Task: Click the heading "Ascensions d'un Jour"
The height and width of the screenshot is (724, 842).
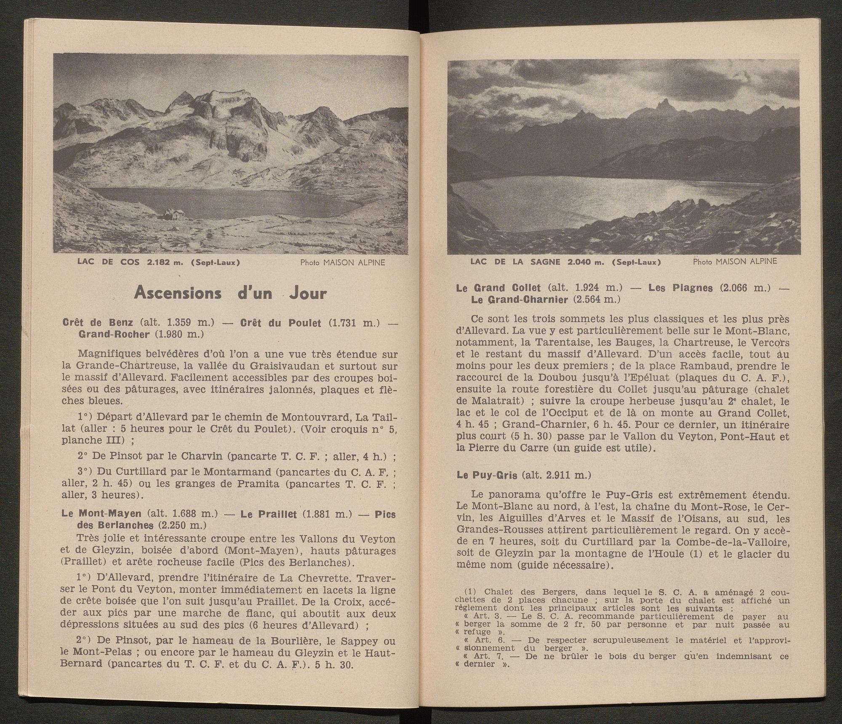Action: click(x=230, y=293)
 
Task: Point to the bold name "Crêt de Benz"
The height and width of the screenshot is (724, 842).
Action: click(x=98, y=323)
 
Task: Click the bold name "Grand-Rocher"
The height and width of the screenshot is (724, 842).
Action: click(x=114, y=335)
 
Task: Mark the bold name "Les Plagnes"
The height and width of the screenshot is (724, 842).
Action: click(x=680, y=288)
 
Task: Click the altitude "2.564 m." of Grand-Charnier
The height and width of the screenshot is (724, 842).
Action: click(x=594, y=300)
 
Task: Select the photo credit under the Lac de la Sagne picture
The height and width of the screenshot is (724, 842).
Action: click(x=735, y=261)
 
